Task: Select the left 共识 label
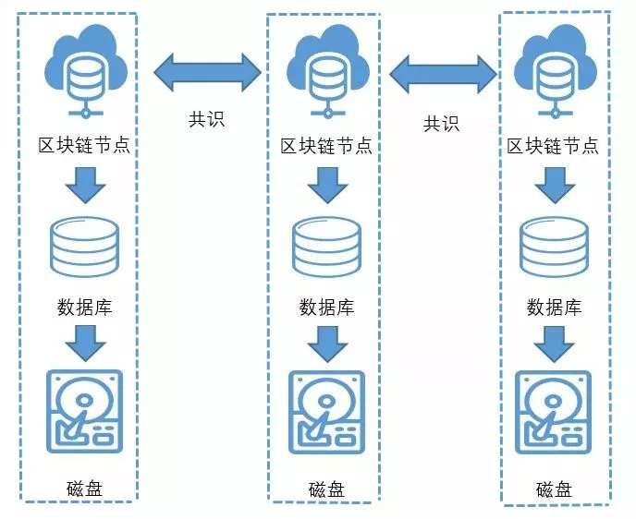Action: tap(207, 119)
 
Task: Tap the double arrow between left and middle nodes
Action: tap(208, 72)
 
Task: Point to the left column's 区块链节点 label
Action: tap(83, 146)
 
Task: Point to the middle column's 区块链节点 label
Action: tap(325, 146)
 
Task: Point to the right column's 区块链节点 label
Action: tap(553, 146)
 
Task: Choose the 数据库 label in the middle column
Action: tap(325, 307)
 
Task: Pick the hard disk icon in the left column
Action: tap(84, 412)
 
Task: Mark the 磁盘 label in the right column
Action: tap(553, 489)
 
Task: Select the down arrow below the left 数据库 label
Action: tap(86, 343)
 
